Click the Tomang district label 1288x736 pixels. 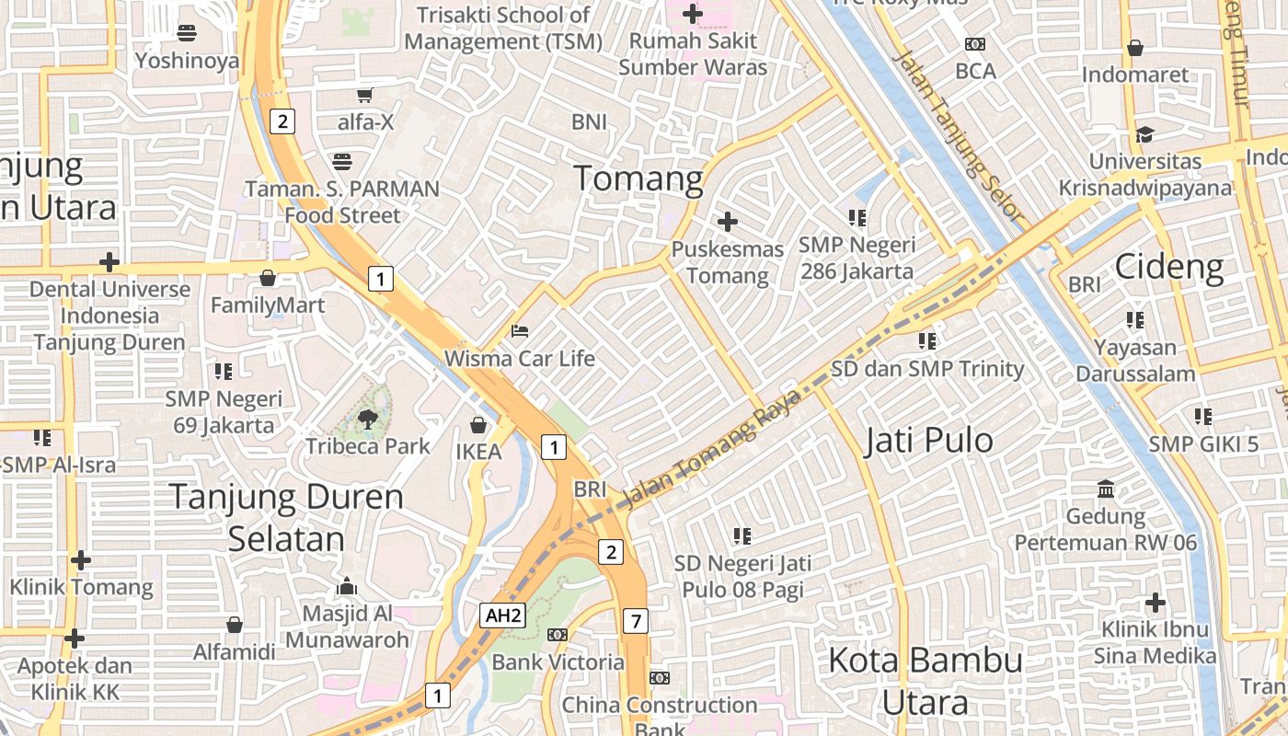638,178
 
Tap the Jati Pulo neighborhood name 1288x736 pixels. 929,441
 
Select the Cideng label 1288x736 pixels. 1169,267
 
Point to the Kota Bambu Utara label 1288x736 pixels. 925,681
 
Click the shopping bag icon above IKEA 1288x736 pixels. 478,424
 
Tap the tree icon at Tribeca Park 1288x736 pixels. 368,420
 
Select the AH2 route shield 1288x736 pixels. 502,615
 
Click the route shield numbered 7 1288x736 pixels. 635,621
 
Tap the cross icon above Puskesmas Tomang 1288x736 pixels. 728,222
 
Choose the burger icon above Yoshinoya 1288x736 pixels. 187,33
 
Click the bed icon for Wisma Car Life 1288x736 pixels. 520,331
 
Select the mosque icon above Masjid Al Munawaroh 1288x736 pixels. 347,586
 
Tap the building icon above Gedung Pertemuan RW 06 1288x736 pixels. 1106,489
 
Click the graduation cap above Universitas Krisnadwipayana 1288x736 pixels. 1144,134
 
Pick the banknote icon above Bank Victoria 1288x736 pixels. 558,635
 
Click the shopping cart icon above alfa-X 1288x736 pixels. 365,94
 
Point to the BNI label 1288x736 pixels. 589,121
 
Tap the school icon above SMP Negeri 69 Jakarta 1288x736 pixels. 224,371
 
